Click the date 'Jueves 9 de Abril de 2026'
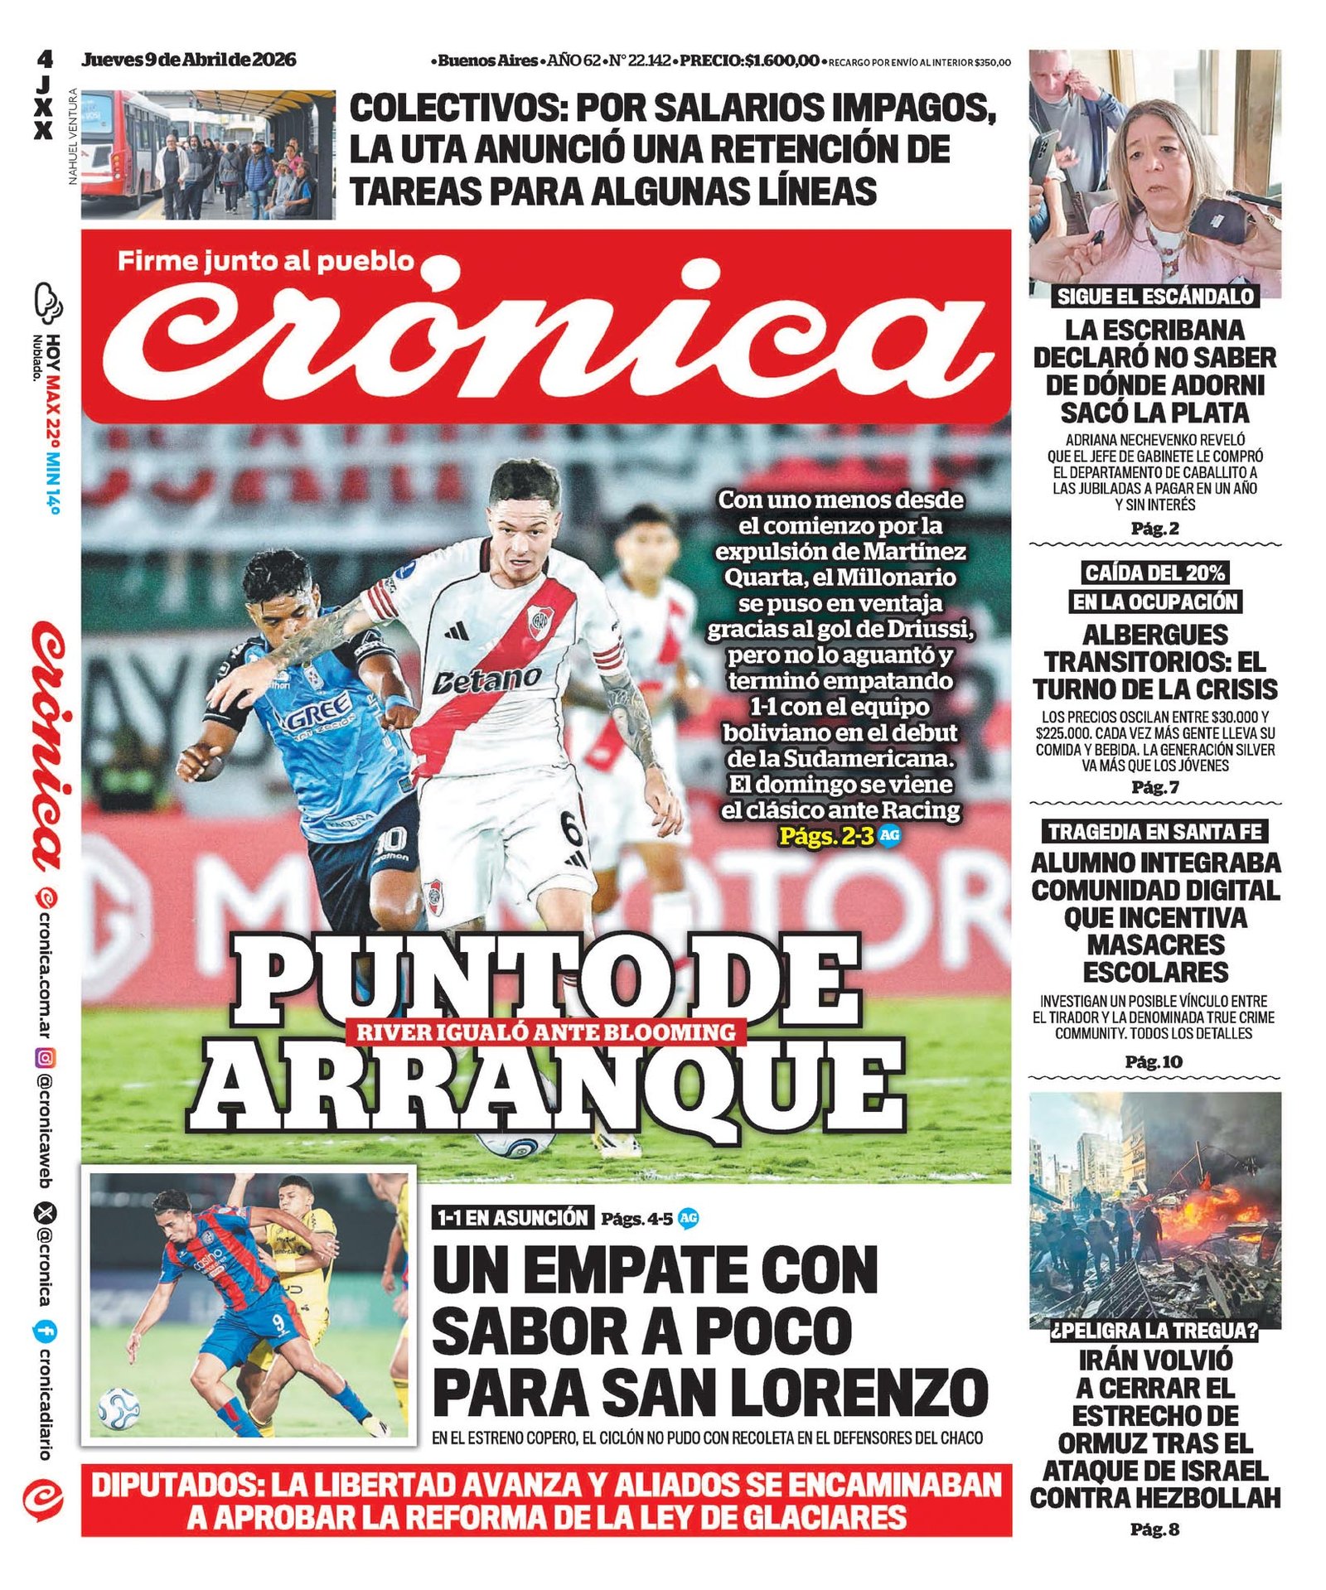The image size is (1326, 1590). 188,60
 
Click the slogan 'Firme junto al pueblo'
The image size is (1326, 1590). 265,261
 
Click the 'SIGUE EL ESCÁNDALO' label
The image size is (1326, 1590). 1155,297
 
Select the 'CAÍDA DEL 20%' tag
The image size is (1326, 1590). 1154,573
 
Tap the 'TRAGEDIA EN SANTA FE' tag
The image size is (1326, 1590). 1154,831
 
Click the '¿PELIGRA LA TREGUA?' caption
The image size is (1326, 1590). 1154,1331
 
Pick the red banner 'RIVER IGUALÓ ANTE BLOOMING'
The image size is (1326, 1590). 546,1032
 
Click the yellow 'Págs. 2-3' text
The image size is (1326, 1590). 826,835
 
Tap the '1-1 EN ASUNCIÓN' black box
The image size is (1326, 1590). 513,1217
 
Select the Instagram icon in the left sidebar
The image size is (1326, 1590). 46,1058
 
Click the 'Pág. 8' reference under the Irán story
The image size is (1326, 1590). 1154,1530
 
